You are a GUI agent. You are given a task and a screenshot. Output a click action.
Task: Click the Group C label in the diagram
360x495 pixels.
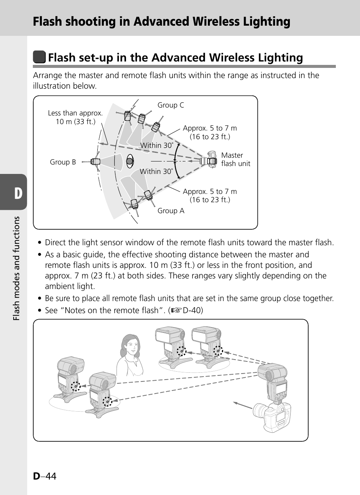(171, 105)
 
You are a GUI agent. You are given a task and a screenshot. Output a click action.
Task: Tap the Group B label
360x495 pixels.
(63, 162)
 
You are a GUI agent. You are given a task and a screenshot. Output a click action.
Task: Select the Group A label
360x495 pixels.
(171, 211)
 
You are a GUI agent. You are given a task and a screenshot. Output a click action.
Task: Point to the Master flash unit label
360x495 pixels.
(235, 159)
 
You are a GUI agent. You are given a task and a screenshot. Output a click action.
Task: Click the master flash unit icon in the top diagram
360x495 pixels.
(209, 160)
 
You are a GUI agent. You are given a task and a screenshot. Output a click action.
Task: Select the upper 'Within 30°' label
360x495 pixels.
(157, 145)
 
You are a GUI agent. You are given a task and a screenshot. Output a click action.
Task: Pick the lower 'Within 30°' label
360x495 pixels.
(156, 171)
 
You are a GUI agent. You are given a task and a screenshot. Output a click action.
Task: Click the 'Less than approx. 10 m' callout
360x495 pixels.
(75, 117)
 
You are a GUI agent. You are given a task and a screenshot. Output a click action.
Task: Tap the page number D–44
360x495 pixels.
(45, 476)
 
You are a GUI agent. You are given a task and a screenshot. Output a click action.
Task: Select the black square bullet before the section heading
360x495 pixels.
(39, 57)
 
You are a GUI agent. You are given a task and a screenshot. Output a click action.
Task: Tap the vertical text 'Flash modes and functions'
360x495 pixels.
(16, 269)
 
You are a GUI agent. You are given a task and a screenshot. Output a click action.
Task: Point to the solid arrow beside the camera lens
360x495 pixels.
(243, 406)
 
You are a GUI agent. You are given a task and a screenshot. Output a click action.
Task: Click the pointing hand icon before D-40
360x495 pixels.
(176, 311)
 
